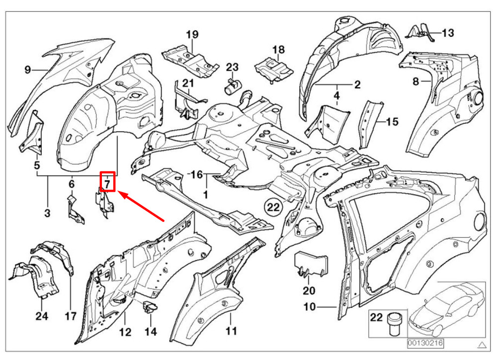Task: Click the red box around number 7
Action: point(108,182)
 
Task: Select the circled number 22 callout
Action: point(272,206)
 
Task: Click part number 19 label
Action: point(192,34)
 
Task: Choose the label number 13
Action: point(447,33)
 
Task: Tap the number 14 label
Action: point(150,331)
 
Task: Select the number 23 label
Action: point(233,67)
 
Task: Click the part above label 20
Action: point(312,264)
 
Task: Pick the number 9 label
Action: point(28,70)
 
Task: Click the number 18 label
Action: point(278,50)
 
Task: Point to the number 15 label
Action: point(392,122)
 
